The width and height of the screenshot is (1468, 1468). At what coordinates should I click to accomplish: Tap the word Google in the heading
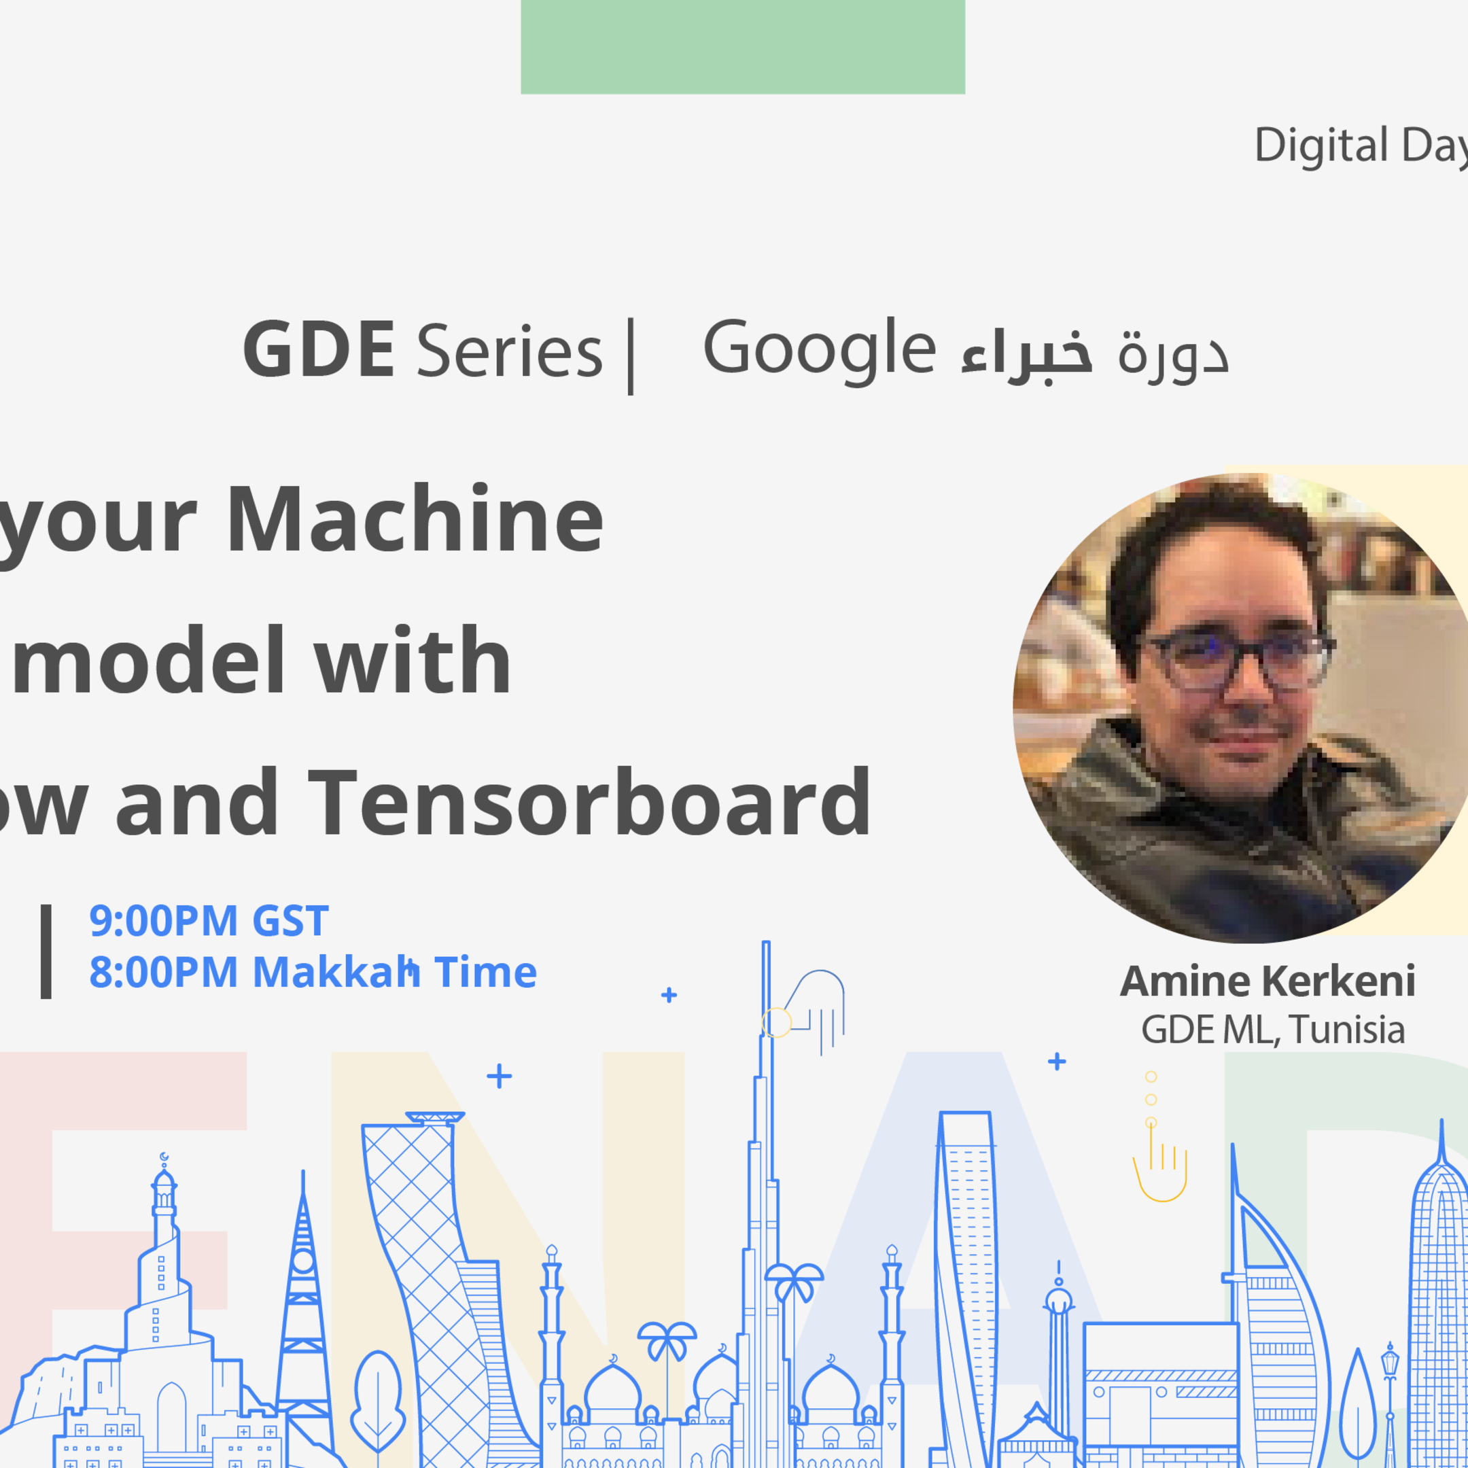819,349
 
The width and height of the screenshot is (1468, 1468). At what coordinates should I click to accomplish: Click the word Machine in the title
415,520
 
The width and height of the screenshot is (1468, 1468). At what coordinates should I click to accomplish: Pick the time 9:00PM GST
209,921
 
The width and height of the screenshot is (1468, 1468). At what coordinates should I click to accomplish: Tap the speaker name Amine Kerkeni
1268,981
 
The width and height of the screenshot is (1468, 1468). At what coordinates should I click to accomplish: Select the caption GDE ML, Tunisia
1273,1030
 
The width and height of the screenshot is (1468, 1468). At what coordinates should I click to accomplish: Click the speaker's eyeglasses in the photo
1238,659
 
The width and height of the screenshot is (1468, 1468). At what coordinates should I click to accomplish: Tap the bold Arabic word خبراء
1026,353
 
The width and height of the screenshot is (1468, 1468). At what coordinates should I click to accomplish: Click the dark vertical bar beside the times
46,951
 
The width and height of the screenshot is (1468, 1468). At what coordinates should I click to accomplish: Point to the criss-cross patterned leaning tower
425,1254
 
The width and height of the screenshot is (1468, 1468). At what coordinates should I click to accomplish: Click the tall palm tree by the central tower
792,1292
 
